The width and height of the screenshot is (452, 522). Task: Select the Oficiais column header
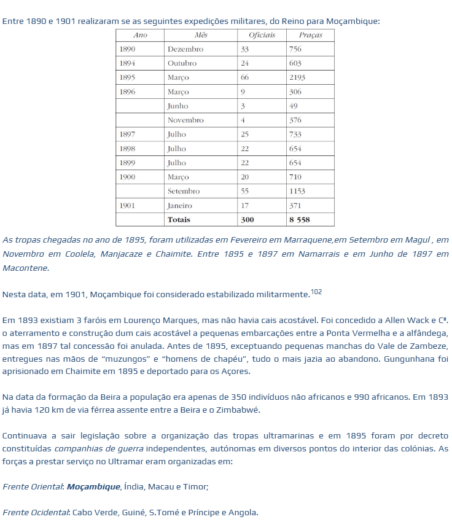tap(262, 35)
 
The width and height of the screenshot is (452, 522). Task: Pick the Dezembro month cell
tap(185, 49)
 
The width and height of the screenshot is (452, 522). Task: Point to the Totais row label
tap(179, 219)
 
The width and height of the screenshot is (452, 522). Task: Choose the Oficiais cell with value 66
tap(245, 77)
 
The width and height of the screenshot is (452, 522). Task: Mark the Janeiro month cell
tap(179, 206)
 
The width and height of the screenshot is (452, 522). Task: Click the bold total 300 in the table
tap(247, 219)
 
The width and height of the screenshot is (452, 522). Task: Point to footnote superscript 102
tap(316, 292)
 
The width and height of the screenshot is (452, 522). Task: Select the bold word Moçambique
tap(93, 486)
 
